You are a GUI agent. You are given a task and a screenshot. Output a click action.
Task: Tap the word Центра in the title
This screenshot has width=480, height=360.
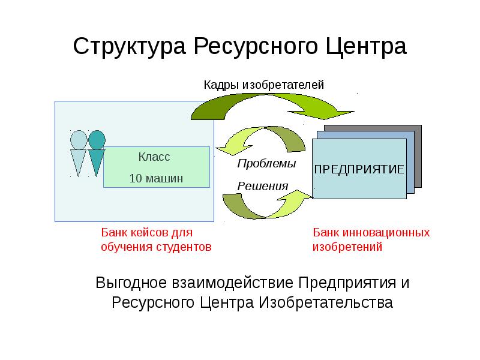coord(368,46)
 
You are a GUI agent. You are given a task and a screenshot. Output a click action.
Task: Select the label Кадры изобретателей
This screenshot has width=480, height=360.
coord(263,85)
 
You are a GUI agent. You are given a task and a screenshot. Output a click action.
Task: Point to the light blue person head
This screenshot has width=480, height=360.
coord(79,140)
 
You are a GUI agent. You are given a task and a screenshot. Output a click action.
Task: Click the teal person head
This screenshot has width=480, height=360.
coord(97,140)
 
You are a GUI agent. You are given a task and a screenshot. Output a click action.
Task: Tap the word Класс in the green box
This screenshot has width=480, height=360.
coord(155,157)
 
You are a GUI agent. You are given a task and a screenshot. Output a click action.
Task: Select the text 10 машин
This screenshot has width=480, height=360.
coord(156,178)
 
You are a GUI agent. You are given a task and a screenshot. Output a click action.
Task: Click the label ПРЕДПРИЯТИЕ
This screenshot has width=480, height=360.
coord(359,169)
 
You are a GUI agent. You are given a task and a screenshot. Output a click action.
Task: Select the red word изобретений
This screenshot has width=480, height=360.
coord(347,246)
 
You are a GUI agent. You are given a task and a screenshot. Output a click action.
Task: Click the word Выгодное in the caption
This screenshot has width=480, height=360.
coord(131,282)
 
